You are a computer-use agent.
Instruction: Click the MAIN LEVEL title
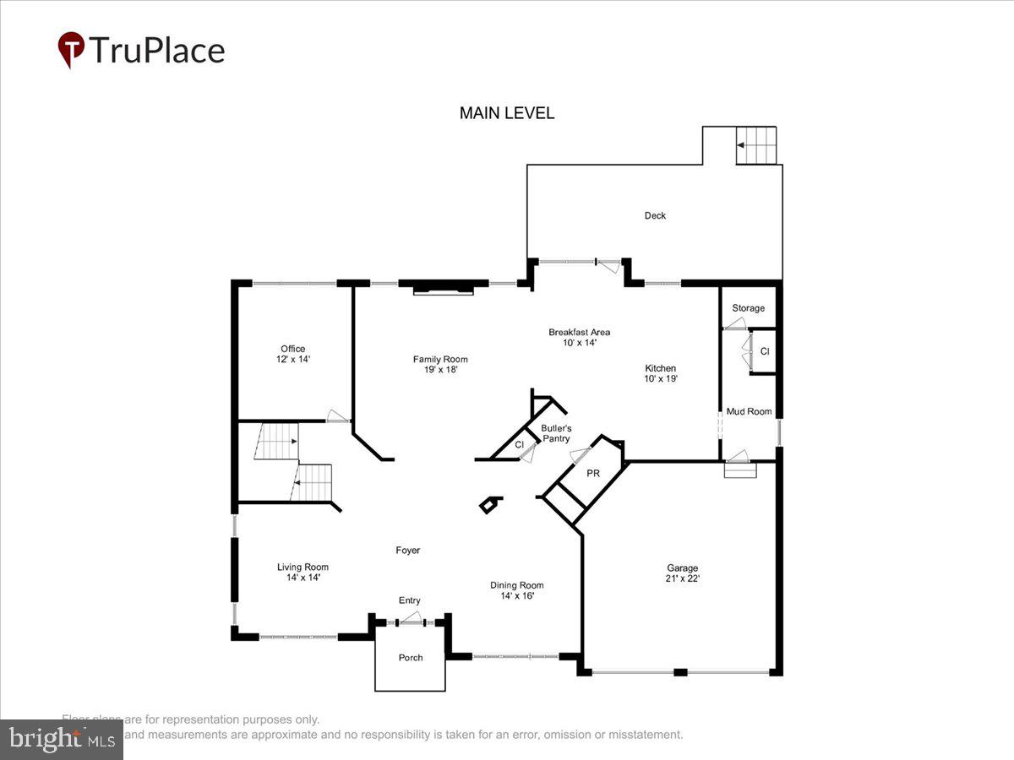click(507, 113)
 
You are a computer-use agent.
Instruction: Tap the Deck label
click(655, 215)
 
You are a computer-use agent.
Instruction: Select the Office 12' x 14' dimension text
click(293, 360)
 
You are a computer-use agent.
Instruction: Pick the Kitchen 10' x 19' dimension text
click(660, 379)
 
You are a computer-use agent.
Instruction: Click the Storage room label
click(748, 308)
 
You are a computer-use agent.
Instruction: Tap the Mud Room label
click(749, 411)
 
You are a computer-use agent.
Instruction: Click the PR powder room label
click(593, 474)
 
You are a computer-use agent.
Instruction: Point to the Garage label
click(682, 568)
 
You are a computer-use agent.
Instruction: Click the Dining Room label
click(517, 585)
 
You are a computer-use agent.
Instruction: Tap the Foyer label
click(408, 551)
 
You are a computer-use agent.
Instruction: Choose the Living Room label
click(303, 567)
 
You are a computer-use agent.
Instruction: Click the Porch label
click(411, 658)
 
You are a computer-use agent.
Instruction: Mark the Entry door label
click(410, 600)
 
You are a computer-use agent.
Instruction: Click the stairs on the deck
click(755, 145)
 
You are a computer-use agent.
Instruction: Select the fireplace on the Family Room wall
click(443, 289)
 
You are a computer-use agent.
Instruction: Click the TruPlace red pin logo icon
click(71, 49)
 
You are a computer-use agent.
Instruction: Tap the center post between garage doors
click(680, 672)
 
